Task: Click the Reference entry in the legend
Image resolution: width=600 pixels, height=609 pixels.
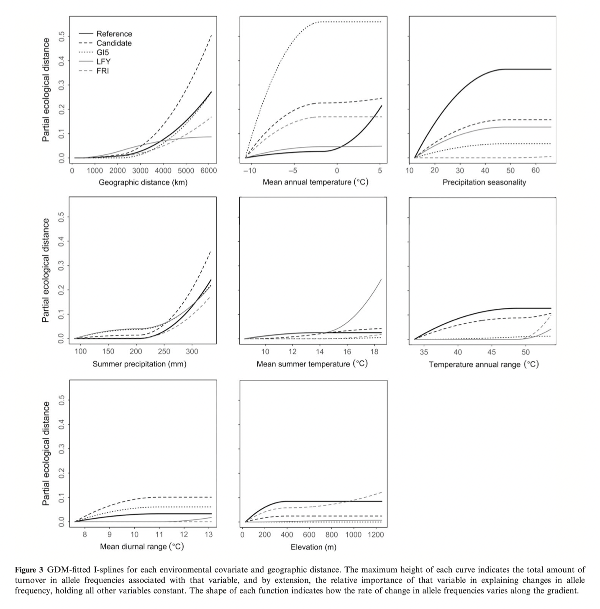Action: point(114,34)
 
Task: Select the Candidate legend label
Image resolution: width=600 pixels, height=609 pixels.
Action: point(114,43)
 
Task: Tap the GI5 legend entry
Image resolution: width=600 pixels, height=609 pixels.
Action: point(103,52)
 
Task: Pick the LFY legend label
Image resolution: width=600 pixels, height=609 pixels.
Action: point(103,61)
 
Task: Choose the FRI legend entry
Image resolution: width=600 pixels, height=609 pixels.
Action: point(103,71)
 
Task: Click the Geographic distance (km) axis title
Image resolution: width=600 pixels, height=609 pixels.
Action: point(143,182)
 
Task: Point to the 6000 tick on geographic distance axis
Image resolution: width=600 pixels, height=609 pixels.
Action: point(208,171)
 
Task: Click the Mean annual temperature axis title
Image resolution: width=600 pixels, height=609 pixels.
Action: point(315,182)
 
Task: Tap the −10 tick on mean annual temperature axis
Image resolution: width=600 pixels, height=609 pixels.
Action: point(250,171)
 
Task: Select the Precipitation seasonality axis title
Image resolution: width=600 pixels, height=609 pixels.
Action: point(484,182)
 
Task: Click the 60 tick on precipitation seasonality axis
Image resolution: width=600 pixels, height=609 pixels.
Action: point(536,171)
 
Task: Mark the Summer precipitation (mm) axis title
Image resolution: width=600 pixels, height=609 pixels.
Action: point(139,364)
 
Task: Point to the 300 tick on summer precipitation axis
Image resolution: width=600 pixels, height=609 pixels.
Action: point(192,352)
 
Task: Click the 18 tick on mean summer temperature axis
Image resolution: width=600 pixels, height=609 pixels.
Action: point(374,352)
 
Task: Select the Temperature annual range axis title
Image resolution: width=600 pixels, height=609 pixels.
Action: point(484,364)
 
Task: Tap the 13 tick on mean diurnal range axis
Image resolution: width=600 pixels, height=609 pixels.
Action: point(209,534)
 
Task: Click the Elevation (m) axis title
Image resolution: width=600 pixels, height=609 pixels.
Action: point(313,547)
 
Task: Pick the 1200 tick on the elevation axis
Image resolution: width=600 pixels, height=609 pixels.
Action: point(376,534)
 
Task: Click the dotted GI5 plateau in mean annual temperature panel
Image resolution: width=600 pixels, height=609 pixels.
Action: point(351,22)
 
